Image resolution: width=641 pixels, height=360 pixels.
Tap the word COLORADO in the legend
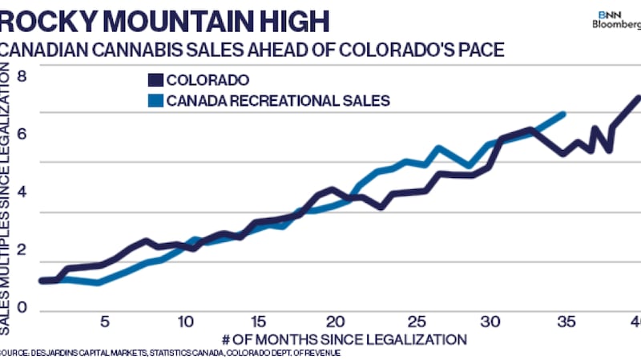[x=208, y=80]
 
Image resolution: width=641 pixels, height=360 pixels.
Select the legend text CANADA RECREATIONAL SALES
[x=278, y=101]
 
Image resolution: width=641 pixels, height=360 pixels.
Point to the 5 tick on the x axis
[x=104, y=321]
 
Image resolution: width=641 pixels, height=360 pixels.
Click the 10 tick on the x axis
[x=185, y=321]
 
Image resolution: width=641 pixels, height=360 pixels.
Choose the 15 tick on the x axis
[x=258, y=321]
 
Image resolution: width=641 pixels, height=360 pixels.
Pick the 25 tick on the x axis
[x=413, y=321]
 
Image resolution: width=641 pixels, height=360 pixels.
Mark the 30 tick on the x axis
[x=490, y=321]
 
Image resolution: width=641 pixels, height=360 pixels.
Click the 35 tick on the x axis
[x=566, y=321]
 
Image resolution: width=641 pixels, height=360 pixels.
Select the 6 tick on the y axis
[x=22, y=135]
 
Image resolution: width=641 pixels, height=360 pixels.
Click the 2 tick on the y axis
[x=22, y=249]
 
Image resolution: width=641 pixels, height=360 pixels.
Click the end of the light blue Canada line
[x=564, y=114]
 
